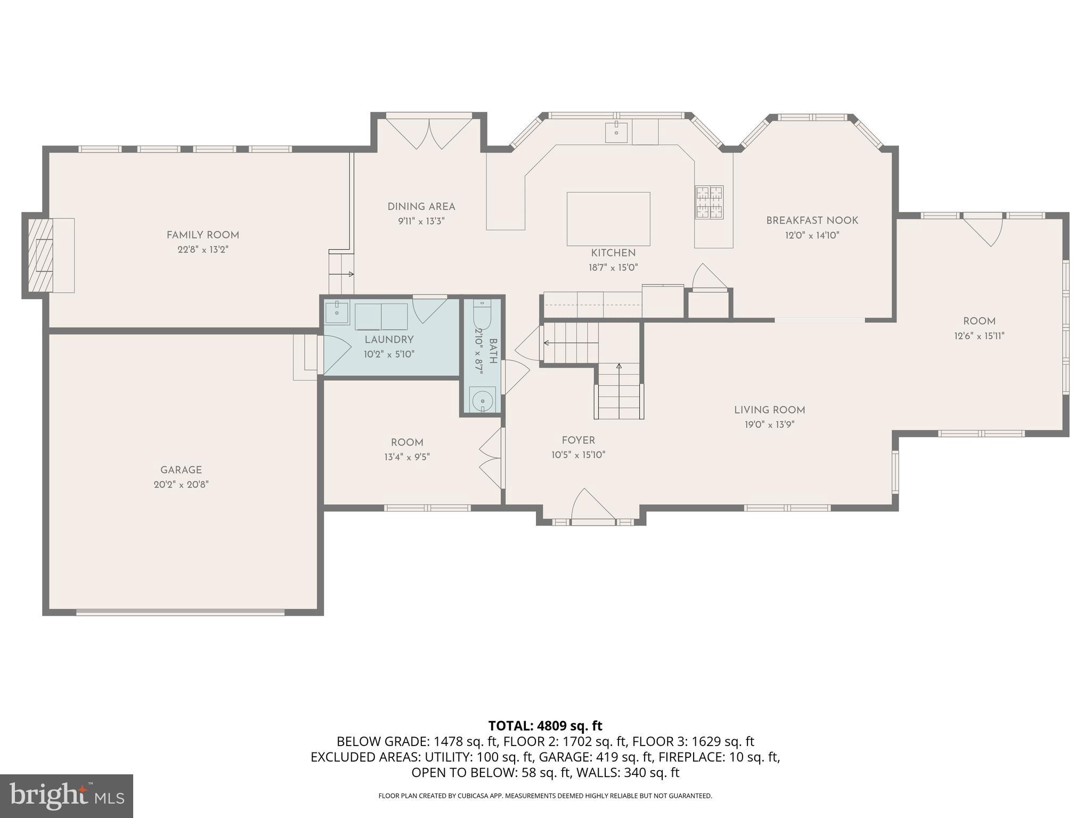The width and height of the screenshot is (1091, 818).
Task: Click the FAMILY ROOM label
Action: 202,235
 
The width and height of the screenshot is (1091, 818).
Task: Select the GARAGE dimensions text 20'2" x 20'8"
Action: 181,485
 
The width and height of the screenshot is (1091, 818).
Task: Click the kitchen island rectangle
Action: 608,218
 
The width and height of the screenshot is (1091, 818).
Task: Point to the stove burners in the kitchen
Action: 709,202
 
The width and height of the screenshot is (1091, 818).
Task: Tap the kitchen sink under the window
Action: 616,132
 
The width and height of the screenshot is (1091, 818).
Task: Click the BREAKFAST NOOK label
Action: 812,220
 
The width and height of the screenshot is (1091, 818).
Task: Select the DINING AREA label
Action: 421,207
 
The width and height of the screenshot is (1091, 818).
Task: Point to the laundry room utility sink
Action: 337,313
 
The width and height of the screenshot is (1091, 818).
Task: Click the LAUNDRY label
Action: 389,340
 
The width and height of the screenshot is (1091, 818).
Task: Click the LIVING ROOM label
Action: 769,410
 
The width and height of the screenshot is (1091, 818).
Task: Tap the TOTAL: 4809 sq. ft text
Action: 545,726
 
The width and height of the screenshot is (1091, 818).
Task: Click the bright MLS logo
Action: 66,796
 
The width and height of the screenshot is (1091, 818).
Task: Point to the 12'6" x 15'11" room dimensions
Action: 979,336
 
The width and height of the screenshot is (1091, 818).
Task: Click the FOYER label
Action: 578,440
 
